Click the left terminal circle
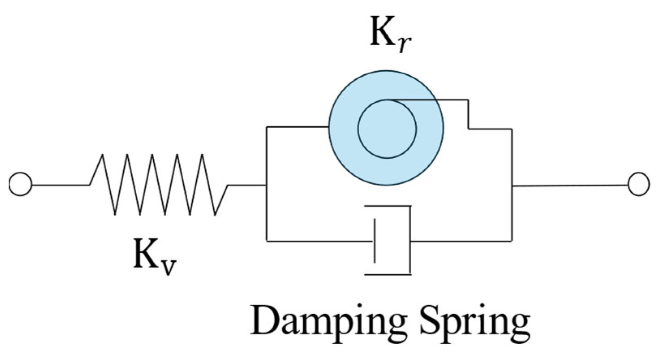(20, 185)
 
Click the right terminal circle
(638, 185)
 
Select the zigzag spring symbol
(158, 185)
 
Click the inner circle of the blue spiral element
(386, 129)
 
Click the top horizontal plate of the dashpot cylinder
(388, 206)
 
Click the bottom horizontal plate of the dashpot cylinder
(388, 275)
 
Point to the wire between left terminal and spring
(61, 185)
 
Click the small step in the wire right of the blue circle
(468, 115)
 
